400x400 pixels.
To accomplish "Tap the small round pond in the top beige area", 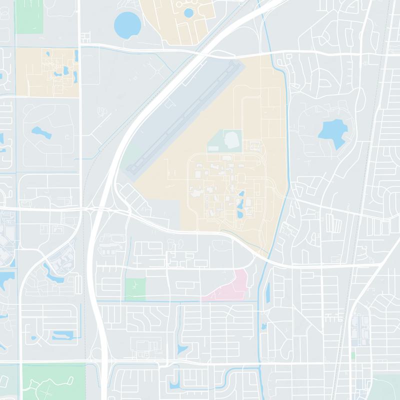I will [188, 11].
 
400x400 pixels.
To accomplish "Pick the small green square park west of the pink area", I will [135, 289].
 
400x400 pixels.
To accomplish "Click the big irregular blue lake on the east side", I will [332, 133].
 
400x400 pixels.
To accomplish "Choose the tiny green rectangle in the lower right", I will [352, 354].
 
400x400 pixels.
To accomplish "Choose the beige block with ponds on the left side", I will [47, 73].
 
